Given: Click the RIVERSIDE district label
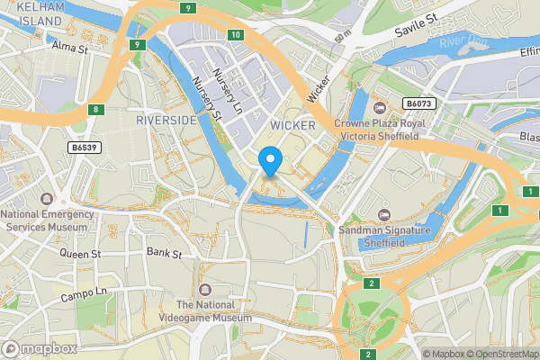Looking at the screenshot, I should (x=166, y=119).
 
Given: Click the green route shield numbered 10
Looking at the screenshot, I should (x=235, y=35).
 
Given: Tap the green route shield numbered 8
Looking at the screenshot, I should (x=95, y=110).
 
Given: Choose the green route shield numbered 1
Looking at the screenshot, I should (x=497, y=210).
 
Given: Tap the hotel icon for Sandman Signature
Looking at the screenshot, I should (x=384, y=214).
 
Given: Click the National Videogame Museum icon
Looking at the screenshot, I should (x=206, y=290).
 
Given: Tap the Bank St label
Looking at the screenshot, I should (x=164, y=253).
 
